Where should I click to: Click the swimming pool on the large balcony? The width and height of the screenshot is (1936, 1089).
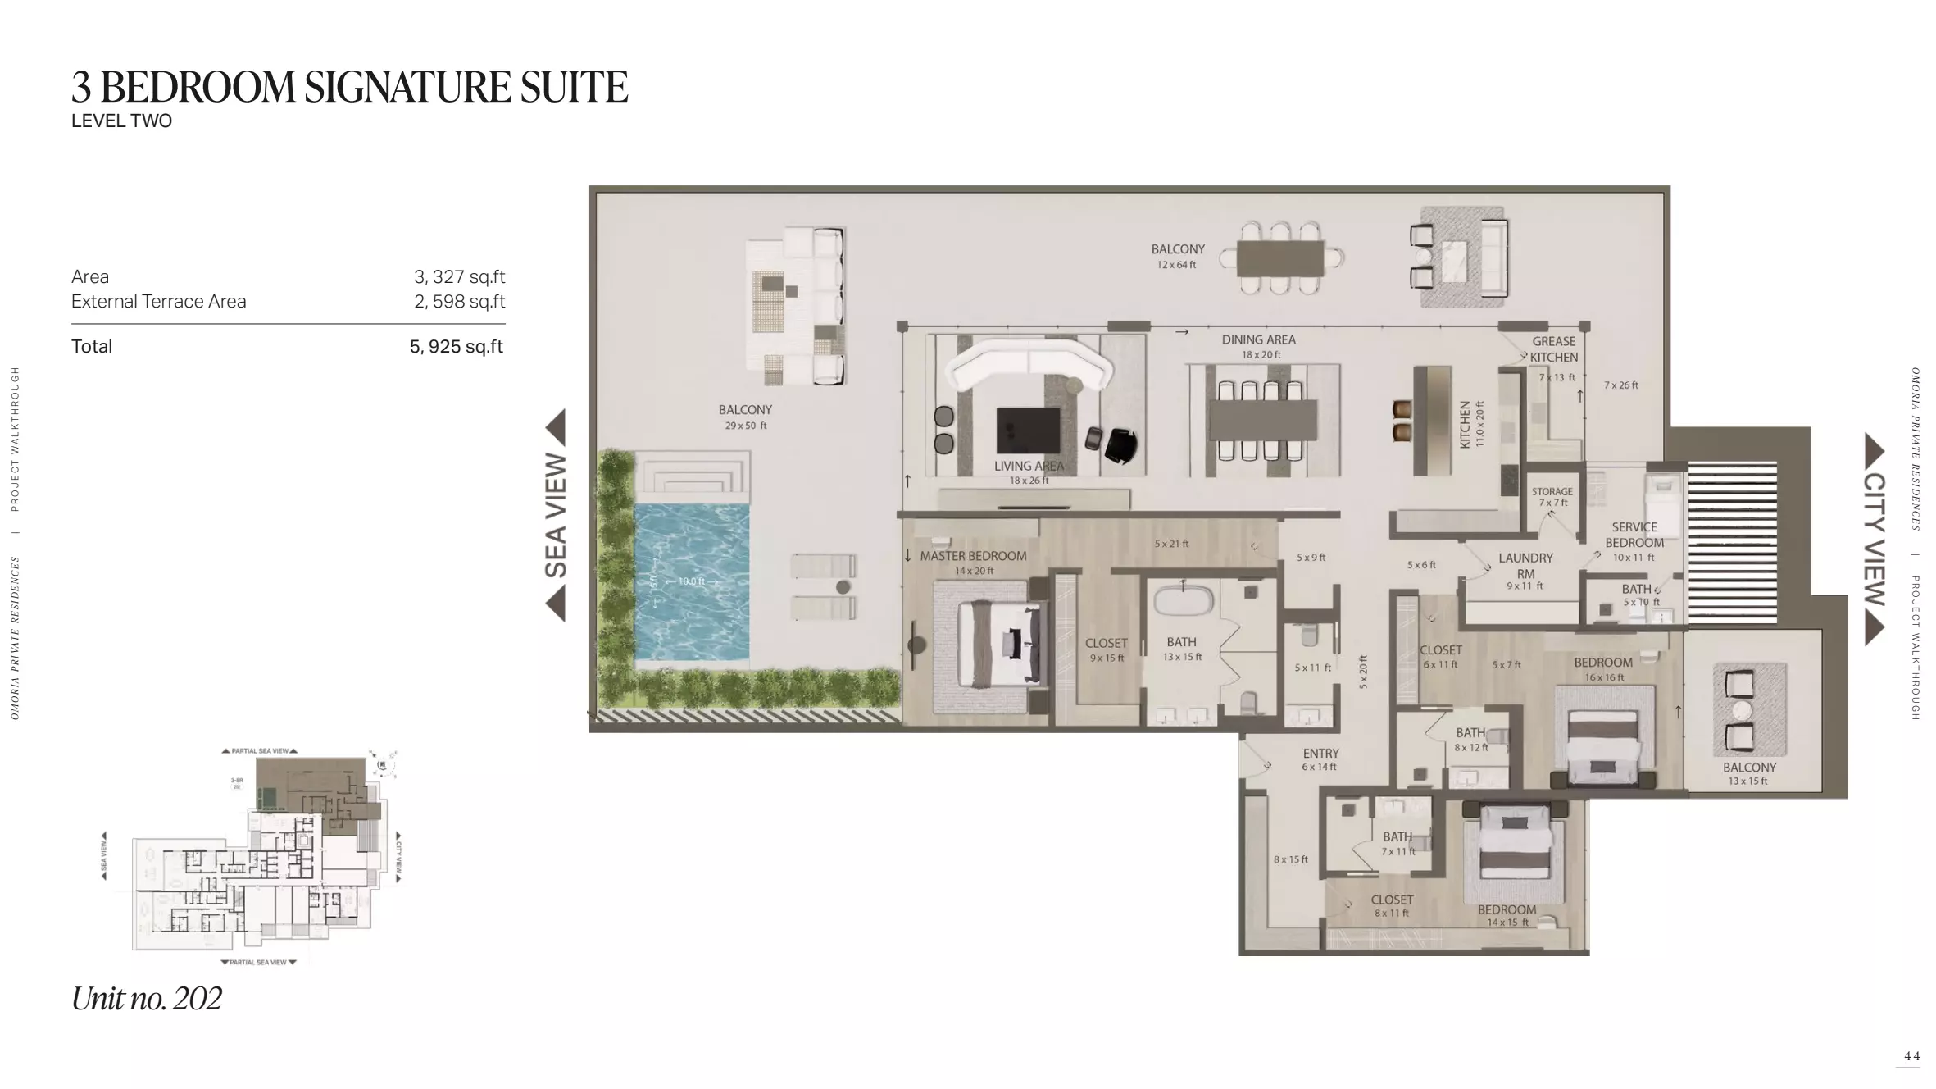[x=691, y=581]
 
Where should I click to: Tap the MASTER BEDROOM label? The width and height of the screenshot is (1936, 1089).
[x=973, y=556]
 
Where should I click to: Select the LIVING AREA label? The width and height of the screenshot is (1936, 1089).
[x=1029, y=466]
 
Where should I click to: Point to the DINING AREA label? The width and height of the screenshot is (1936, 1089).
[x=1258, y=339]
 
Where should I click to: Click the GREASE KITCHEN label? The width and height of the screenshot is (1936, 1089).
[x=1553, y=349]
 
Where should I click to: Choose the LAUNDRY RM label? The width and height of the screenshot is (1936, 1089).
[x=1525, y=566]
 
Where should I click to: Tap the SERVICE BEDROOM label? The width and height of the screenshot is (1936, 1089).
[x=1634, y=535]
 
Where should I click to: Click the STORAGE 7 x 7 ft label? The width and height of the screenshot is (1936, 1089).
[x=1552, y=497]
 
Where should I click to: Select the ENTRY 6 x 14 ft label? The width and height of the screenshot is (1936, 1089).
[x=1320, y=759]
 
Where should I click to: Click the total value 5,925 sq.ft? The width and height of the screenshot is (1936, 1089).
[x=457, y=347]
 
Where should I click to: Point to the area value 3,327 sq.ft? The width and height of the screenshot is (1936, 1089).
[x=459, y=277]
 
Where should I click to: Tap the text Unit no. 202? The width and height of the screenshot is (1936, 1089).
[x=147, y=999]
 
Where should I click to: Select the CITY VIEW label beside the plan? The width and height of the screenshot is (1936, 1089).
[x=1874, y=539]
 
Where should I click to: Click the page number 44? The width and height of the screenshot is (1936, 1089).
[x=1911, y=1056]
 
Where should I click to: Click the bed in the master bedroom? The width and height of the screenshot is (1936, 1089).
[x=1000, y=645]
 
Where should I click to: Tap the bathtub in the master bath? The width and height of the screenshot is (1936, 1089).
[x=1183, y=601]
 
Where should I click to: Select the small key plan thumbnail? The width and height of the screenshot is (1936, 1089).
[x=254, y=857]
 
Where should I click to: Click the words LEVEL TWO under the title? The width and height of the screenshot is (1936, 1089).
[x=121, y=121]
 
